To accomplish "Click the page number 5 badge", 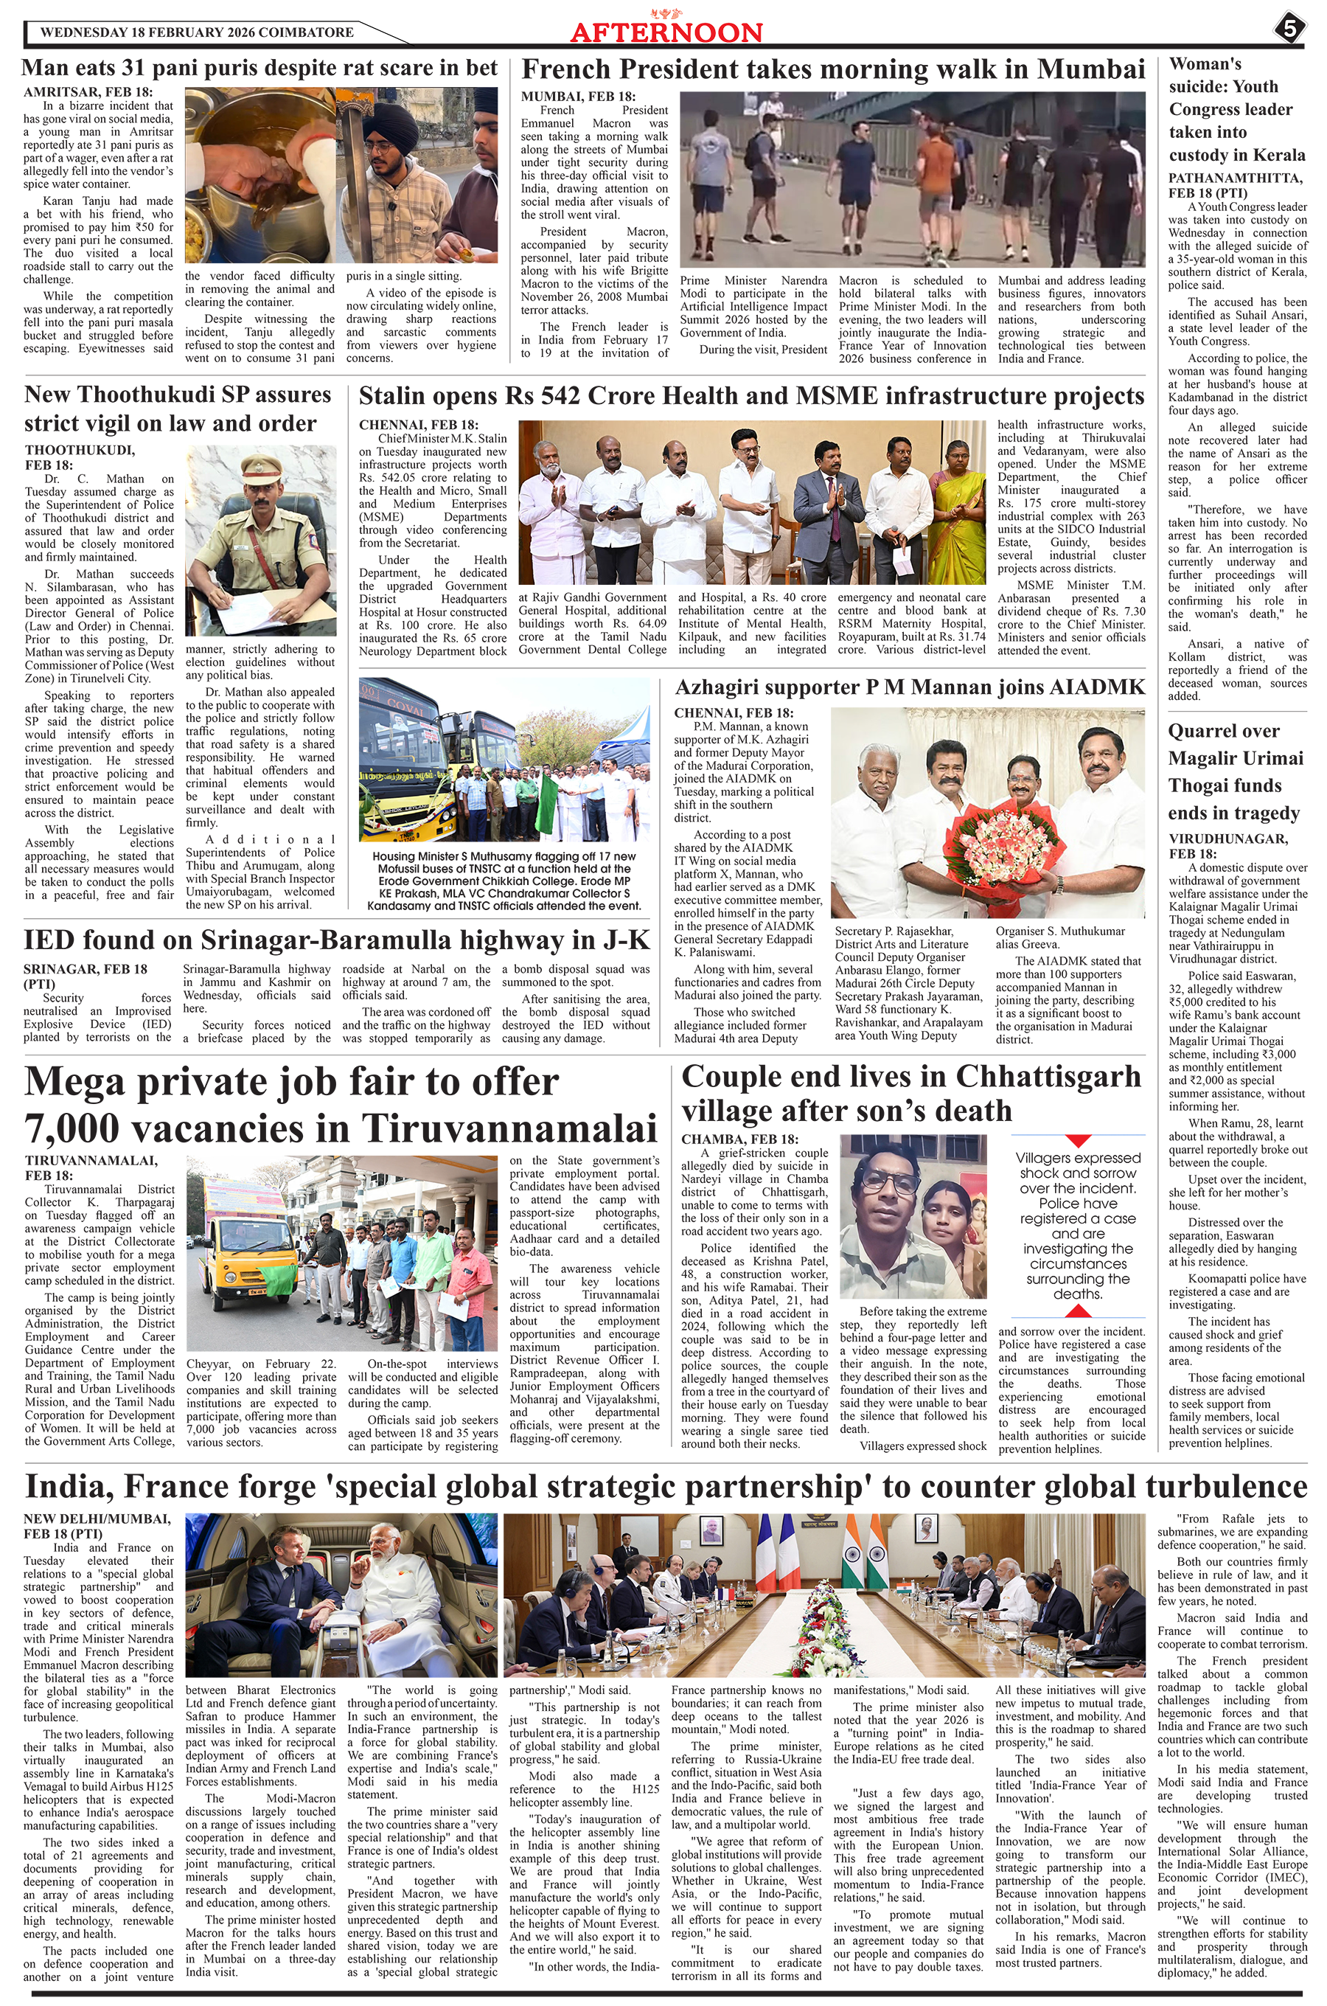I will click(x=1289, y=28).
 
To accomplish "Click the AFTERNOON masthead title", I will click(x=666, y=33).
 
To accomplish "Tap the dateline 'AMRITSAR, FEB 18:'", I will click(x=88, y=92).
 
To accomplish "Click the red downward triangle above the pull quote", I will click(x=1077, y=1141).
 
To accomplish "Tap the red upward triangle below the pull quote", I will click(x=1077, y=1311).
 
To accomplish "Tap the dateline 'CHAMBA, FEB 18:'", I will click(x=739, y=1139).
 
